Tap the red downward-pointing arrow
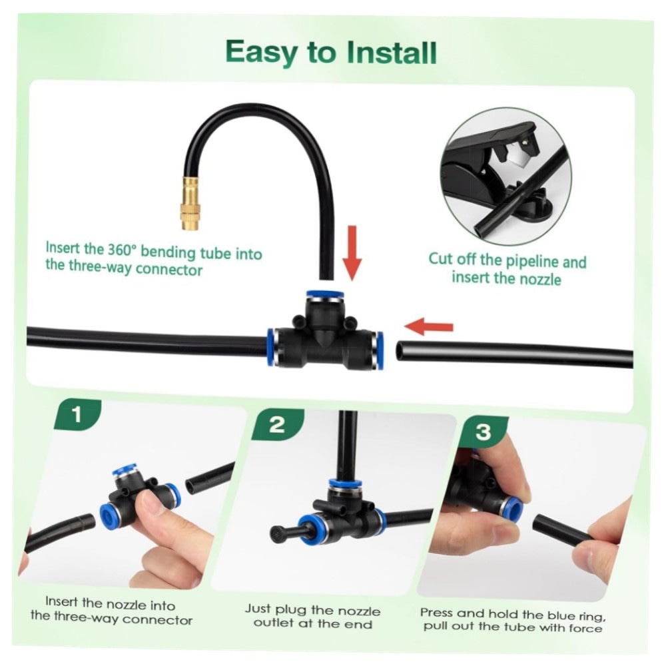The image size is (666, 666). click(x=352, y=253)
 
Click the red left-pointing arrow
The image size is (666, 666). click(x=429, y=326)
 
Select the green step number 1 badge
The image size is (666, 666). click(x=77, y=414)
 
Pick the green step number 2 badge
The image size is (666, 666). click(x=278, y=424)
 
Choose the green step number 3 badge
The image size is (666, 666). click(x=484, y=432)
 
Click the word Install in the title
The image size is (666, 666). click(x=392, y=53)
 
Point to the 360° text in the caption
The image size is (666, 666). click(x=121, y=250)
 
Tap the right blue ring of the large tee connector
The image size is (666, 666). click(x=380, y=350)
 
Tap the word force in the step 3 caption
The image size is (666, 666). click(x=587, y=628)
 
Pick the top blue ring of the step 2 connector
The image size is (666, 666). click(x=345, y=484)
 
